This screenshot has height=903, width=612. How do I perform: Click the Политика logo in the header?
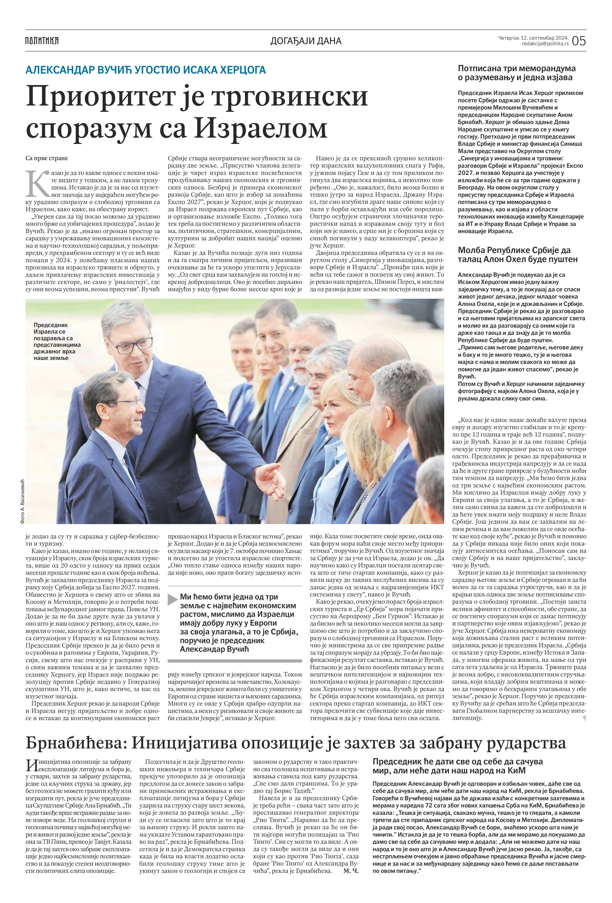[x=42, y=40]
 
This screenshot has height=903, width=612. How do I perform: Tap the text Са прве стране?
[x=47, y=158]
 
